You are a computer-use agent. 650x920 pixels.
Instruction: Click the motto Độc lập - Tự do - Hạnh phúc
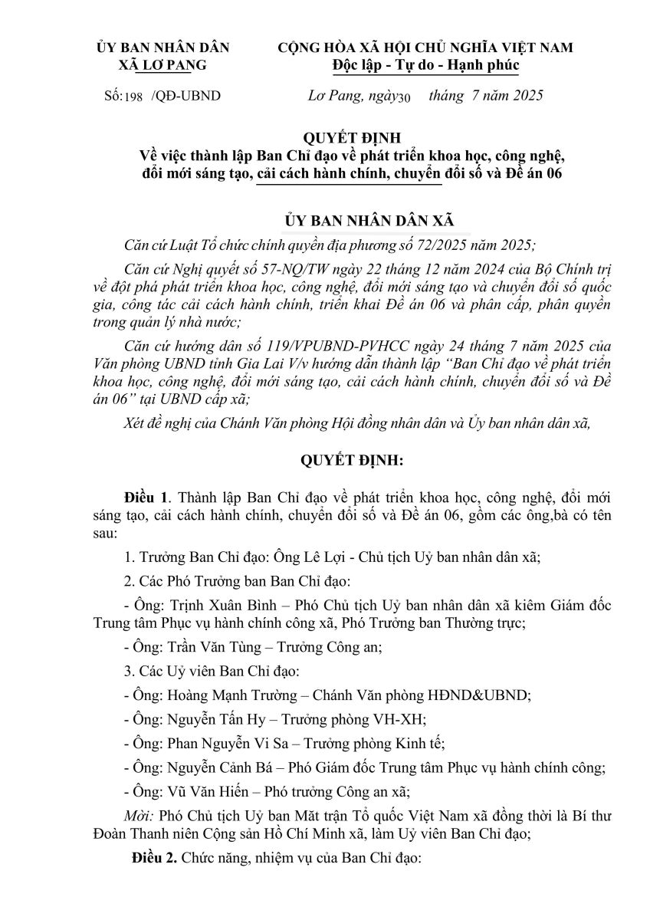[x=426, y=64]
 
